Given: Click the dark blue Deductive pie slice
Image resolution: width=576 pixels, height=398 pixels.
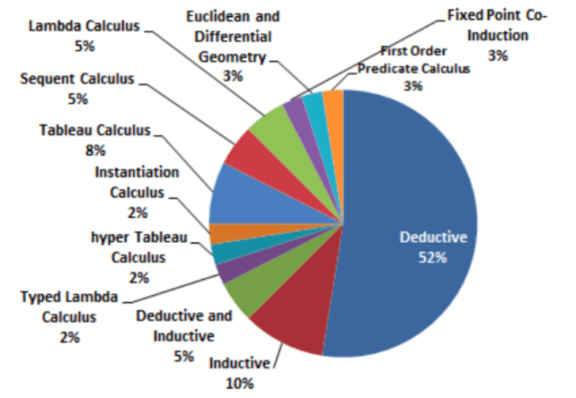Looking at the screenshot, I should coord(415,230).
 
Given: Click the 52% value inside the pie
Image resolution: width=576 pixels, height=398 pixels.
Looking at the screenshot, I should coord(432,258).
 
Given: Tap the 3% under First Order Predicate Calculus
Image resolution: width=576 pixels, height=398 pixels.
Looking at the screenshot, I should coord(413,86).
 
